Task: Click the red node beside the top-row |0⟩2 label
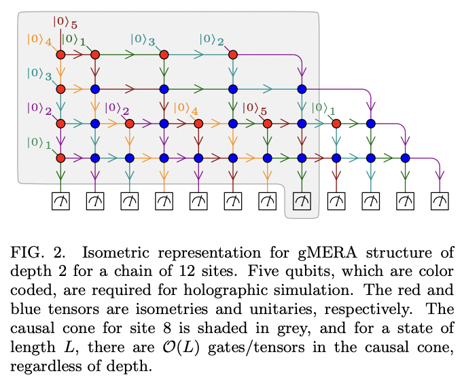point(232,54)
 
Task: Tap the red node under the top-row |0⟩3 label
point(164,54)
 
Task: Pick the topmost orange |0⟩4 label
point(39,39)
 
